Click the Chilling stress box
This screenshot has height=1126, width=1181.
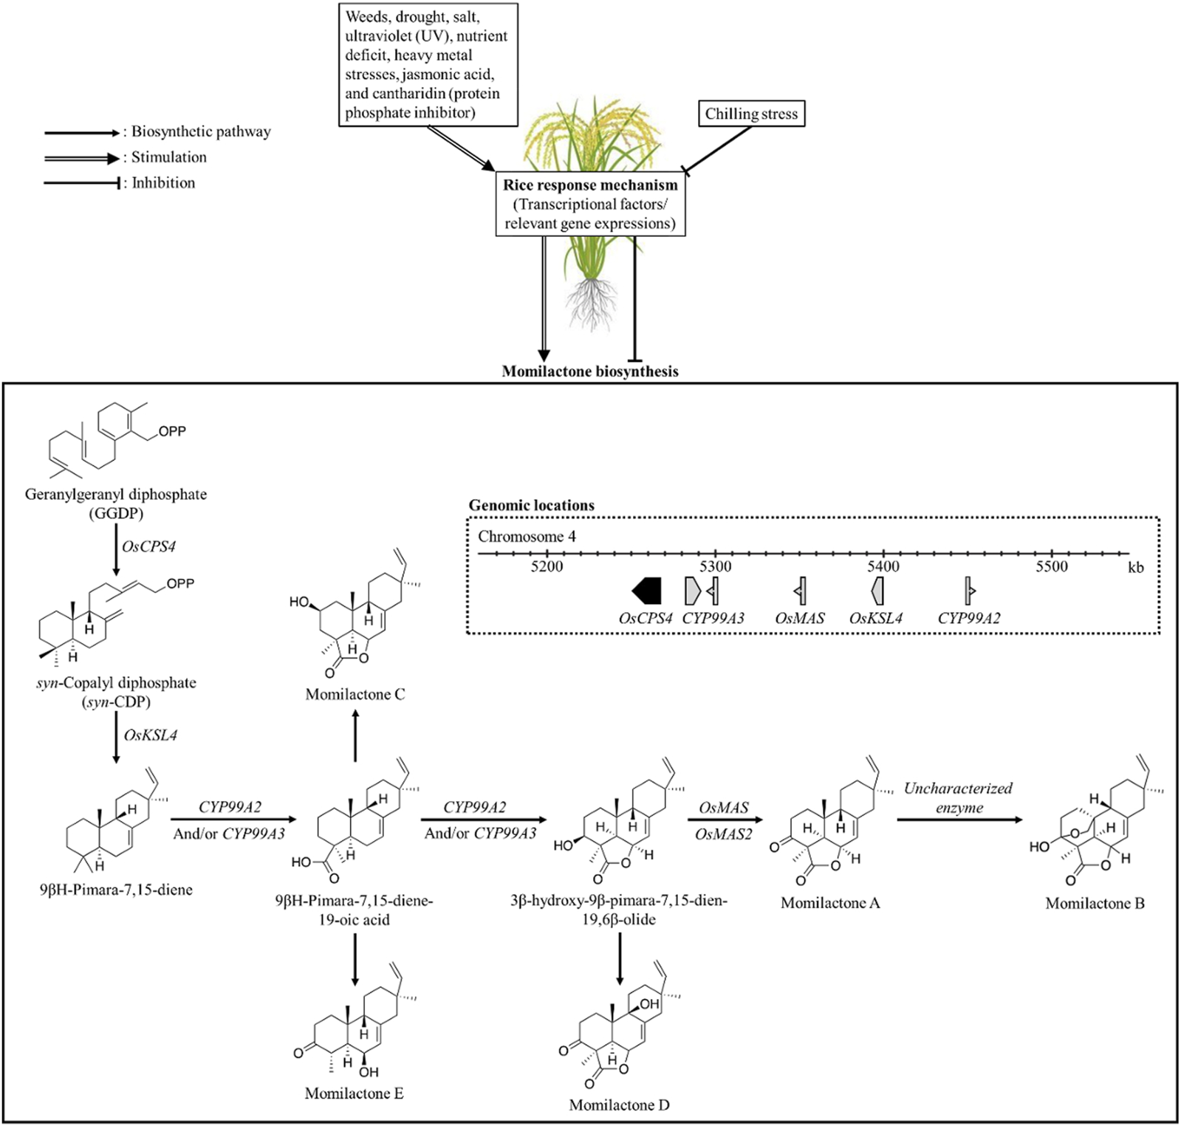point(751,114)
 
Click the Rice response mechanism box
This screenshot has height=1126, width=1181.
point(590,205)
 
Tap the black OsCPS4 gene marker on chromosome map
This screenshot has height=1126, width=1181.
point(647,591)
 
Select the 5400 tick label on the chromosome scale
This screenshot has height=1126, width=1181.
point(883,566)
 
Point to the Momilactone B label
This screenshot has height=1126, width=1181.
point(1095,903)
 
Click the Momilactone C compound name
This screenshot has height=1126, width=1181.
point(355,694)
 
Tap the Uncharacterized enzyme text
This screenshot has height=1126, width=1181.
point(958,797)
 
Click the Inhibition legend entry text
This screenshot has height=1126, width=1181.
point(163,182)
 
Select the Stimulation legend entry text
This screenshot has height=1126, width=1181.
point(168,157)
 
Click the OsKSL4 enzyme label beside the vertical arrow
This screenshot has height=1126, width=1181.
point(151,735)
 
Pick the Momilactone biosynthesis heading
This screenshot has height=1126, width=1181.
point(590,371)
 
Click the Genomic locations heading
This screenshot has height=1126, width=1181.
point(532,506)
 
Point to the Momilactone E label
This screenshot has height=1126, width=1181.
point(354,1093)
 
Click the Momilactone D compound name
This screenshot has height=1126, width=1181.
point(619,1105)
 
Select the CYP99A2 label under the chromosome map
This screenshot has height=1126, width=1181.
point(969,618)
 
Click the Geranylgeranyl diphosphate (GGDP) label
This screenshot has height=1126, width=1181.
point(116,503)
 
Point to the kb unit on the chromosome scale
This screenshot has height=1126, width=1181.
point(1135,567)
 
